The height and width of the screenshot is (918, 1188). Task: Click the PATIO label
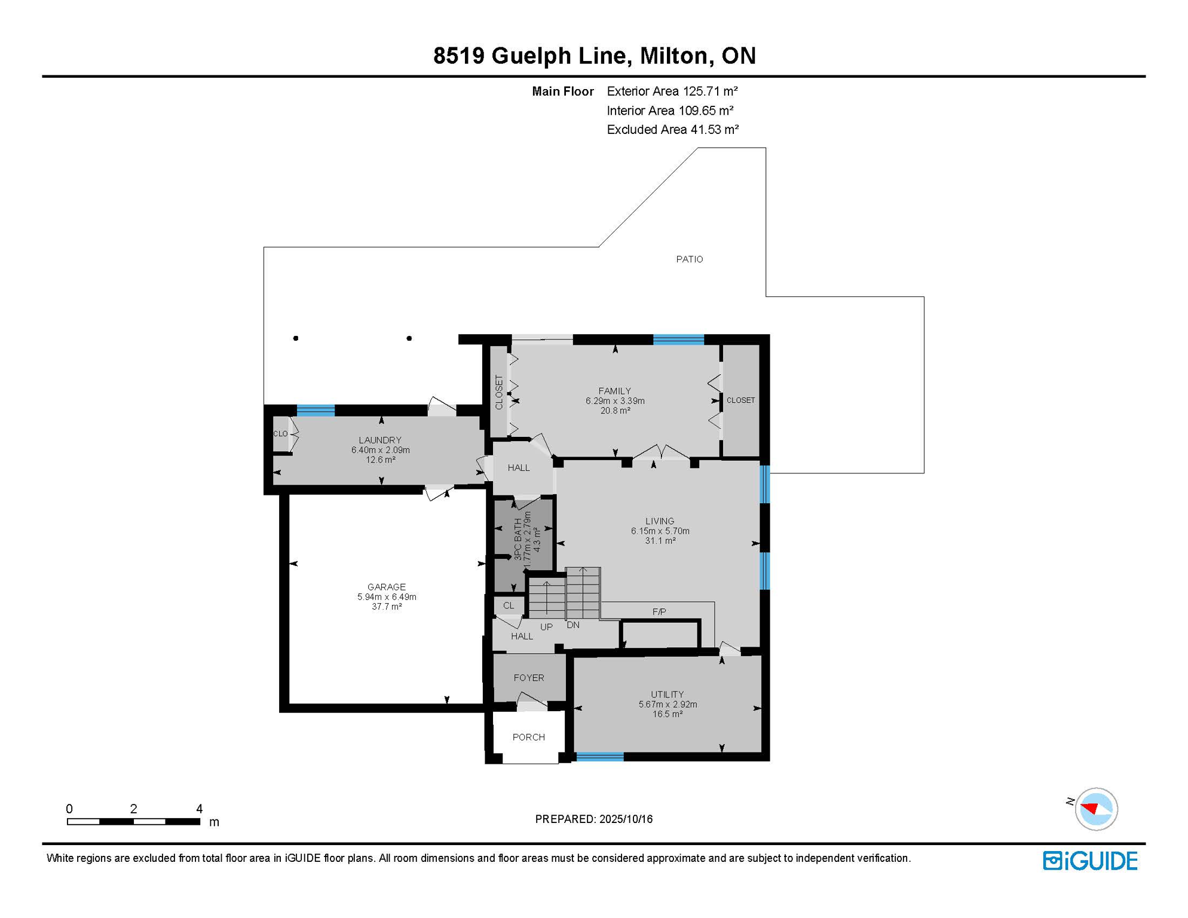[690, 259]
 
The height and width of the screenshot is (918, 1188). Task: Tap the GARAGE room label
[387, 587]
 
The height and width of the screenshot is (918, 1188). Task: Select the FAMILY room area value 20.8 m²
[615, 411]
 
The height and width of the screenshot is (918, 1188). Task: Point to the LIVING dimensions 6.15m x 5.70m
[660, 531]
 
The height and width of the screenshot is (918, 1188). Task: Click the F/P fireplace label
[659, 612]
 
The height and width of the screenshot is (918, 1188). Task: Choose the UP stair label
[546, 627]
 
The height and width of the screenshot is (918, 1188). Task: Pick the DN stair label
[573, 625]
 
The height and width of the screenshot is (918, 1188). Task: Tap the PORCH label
[529, 737]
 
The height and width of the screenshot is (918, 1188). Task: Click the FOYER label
[529, 678]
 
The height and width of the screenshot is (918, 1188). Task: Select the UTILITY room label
[668, 694]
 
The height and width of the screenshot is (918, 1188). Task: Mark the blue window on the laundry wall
[316, 410]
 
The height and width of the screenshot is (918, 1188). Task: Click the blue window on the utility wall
[600, 757]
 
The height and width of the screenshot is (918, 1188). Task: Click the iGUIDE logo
[1090, 861]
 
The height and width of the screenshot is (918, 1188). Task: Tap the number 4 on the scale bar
[200, 809]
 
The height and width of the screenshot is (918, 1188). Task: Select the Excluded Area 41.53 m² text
[673, 130]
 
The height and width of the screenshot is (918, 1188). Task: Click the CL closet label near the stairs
[509, 605]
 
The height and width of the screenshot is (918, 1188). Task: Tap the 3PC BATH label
[518, 539]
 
